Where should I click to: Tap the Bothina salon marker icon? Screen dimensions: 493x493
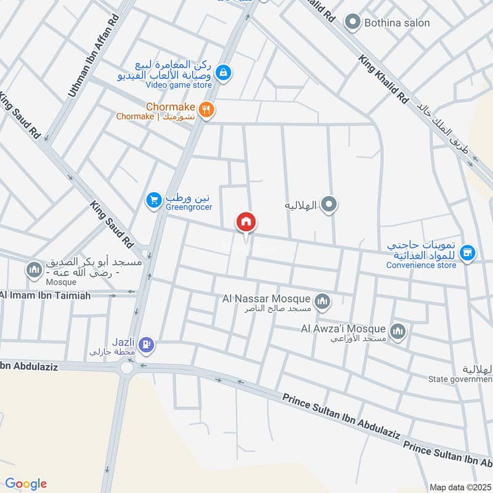point(352,23)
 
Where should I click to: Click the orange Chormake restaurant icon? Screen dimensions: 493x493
point(208,109)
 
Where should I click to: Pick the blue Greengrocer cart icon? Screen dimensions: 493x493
point(153,200)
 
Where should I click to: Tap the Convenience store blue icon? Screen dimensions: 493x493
point(468,253)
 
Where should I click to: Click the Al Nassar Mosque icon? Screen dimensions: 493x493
point(322,301)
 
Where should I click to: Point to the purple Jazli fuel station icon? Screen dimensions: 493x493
point(146,344)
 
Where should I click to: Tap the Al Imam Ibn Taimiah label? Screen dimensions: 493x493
point(46,296)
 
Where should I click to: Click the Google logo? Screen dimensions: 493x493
point(25,484)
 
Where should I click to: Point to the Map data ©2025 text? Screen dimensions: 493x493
point(459,487)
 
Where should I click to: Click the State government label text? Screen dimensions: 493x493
point(460,379)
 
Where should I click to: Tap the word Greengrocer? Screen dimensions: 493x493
point(188,207)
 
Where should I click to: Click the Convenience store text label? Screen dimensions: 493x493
point(422,265)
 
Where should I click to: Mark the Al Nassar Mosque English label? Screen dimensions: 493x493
point(267,299)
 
